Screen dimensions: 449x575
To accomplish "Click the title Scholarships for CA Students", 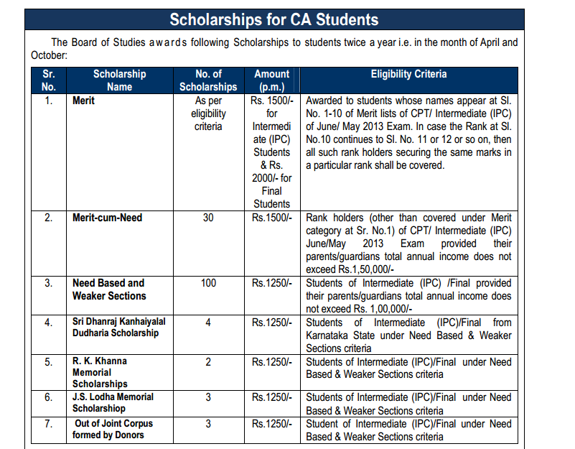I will click(274, 19).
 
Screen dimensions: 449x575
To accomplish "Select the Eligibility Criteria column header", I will click(408, 74).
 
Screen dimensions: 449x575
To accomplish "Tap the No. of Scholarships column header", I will click(208, 80).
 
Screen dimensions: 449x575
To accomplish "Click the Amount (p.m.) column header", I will click(272, 80).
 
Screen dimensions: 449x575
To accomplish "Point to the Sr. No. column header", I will click(49, 80).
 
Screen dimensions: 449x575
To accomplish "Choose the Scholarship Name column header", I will click(119, 80).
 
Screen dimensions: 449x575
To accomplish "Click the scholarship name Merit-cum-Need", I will click(107, 218).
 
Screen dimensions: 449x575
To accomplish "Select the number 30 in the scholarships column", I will click(208, 218).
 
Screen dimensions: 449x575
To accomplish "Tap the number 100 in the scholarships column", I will click(208, 283).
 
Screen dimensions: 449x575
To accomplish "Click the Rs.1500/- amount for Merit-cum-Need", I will click(272, 218).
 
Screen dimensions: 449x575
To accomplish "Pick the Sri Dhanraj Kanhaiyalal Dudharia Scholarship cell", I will click(116, 328).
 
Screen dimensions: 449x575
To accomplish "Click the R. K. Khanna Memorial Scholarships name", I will click(100, 372).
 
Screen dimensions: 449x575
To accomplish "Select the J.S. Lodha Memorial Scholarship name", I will click(113, 402).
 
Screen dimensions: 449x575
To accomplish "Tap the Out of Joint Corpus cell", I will click(113, 429).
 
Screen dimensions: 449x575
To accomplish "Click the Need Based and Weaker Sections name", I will click(108, 290).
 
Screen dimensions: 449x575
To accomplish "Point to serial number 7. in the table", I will click(49, 424).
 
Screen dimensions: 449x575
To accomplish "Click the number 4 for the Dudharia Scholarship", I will click(208, 323).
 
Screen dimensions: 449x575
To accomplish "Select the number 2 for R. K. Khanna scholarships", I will click(208, 361).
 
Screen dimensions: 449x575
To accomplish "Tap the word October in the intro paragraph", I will click(49, 55).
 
